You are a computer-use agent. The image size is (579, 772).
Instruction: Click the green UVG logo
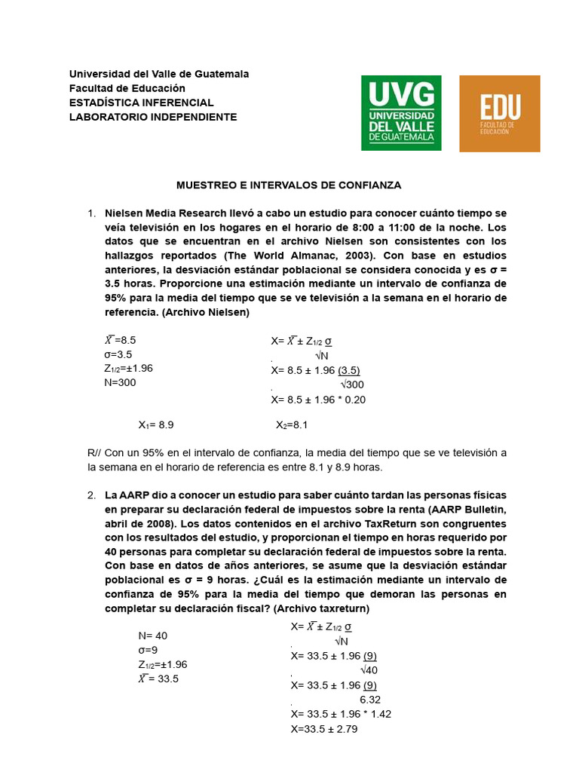click(x=401, y=112)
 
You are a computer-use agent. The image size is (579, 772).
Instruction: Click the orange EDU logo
click(x=499, y=113)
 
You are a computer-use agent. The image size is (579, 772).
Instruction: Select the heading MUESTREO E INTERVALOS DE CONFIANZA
click(x=289, y=185)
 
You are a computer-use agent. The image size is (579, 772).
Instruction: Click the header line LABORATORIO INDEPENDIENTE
click(x=153, y=117)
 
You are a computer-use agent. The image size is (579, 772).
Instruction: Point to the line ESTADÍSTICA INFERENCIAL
click(x=142, y=103)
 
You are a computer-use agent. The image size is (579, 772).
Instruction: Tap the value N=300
click(x=121, y=382)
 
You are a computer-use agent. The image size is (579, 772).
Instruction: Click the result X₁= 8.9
click(x=156, y=425)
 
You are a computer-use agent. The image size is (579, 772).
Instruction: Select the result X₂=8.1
click(x=293, y=425)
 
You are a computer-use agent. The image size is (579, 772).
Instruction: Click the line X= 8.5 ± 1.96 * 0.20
click(x=318, y=400)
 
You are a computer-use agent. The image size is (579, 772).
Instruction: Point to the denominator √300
click(x=352, y=385)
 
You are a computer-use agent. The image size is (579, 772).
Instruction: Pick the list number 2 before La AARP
click(x=91, y=495)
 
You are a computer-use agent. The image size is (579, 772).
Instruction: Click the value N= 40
click(x=153, y=636)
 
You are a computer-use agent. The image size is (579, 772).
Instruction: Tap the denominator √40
click(x=369, y=670)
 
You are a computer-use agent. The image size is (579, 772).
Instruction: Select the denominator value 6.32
click(x=370, y=699)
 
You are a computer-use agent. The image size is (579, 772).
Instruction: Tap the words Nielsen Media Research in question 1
click(x=161, y=213)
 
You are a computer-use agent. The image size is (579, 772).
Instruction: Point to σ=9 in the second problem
click(x=148, y=650)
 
